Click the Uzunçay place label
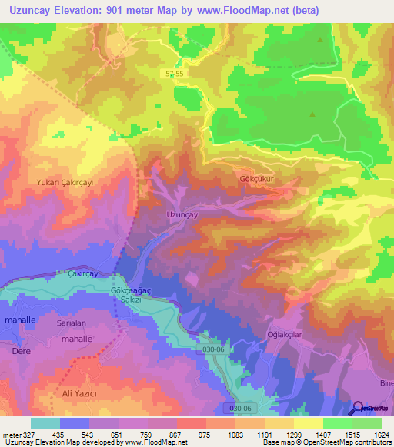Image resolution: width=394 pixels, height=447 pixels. click(x=182, y=216)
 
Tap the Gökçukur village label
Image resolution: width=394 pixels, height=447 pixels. click(x=258, y=178)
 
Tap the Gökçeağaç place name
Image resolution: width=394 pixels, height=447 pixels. click(x=133, y=293)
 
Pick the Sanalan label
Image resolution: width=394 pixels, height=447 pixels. click(x=72, y=323)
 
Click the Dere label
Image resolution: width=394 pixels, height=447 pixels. click(x=21, y=350)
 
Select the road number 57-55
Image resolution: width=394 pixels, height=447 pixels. click(x=175, y=74)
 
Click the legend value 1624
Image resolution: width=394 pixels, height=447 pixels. click(x=381, y=435)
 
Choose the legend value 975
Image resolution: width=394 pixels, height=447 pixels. click(x=205, y=435)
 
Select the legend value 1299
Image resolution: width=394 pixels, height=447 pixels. click(x=293, y=435)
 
